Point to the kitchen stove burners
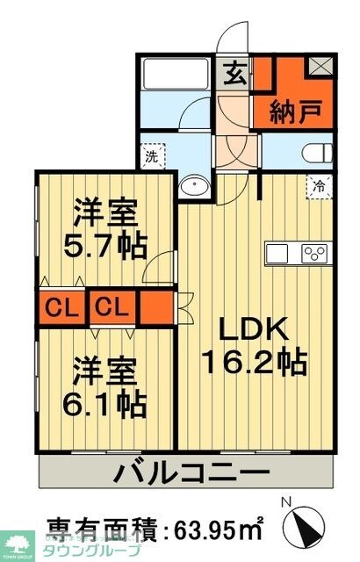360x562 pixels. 313,253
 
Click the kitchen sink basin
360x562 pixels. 278,253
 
